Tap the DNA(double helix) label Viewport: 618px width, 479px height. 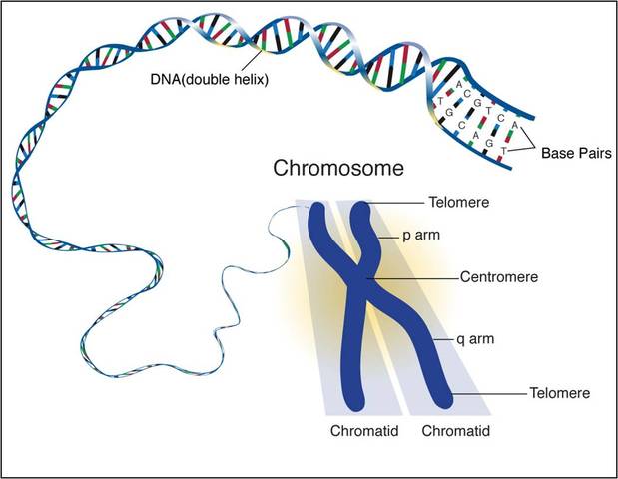pyautogui.click(x=214, y=76)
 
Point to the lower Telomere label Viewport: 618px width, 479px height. pyautogui.click(x=558, y=393)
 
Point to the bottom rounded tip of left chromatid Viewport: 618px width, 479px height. pyautogui.click(x=352, y=401)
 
